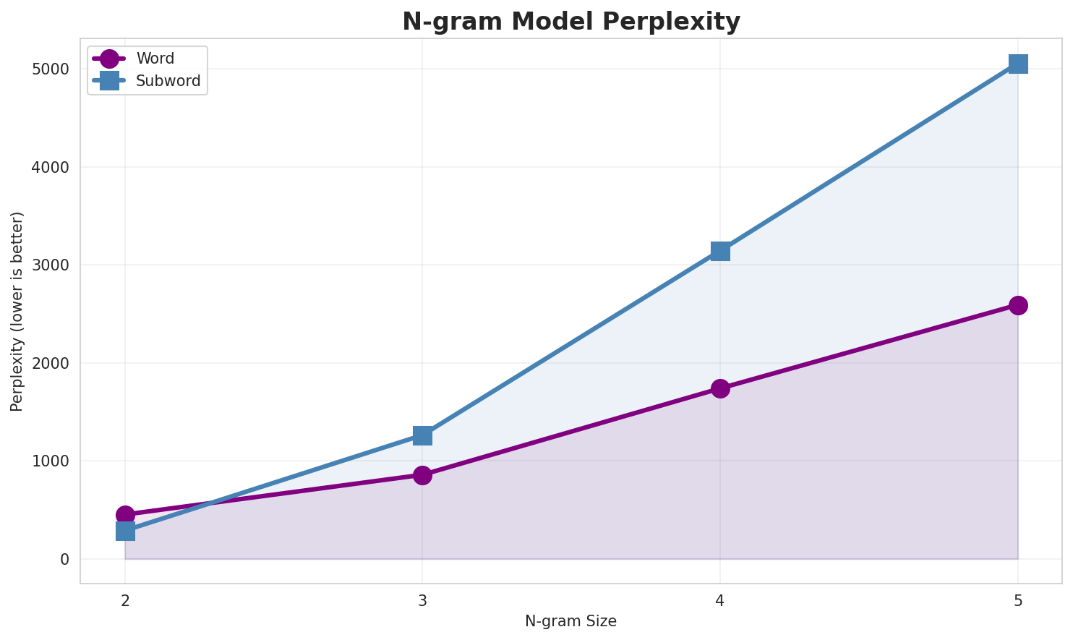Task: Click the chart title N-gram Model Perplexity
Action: tap(571, 22)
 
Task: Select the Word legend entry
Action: tap(155, 59)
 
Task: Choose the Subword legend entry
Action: tap(168, 81)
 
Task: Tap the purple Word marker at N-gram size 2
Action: tap(125, 515)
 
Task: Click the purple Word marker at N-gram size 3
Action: tap(423, 475)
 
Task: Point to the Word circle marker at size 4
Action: tap(720, 388)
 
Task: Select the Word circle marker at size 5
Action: tap(1018, 305)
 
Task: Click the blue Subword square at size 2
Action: tap(125, 531)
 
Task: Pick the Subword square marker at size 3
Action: tap(423, 435)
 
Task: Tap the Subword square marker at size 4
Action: tap(720, 251)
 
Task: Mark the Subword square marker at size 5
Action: tap(1018, 64)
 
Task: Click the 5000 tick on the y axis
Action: tap(51, 69)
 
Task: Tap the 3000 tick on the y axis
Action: tap(51, 265)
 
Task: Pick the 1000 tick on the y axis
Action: tap(51, 461)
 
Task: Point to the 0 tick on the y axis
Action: tap(65, 559)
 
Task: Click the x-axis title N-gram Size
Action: tap(570, 621)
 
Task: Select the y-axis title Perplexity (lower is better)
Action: tap(17, 311)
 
